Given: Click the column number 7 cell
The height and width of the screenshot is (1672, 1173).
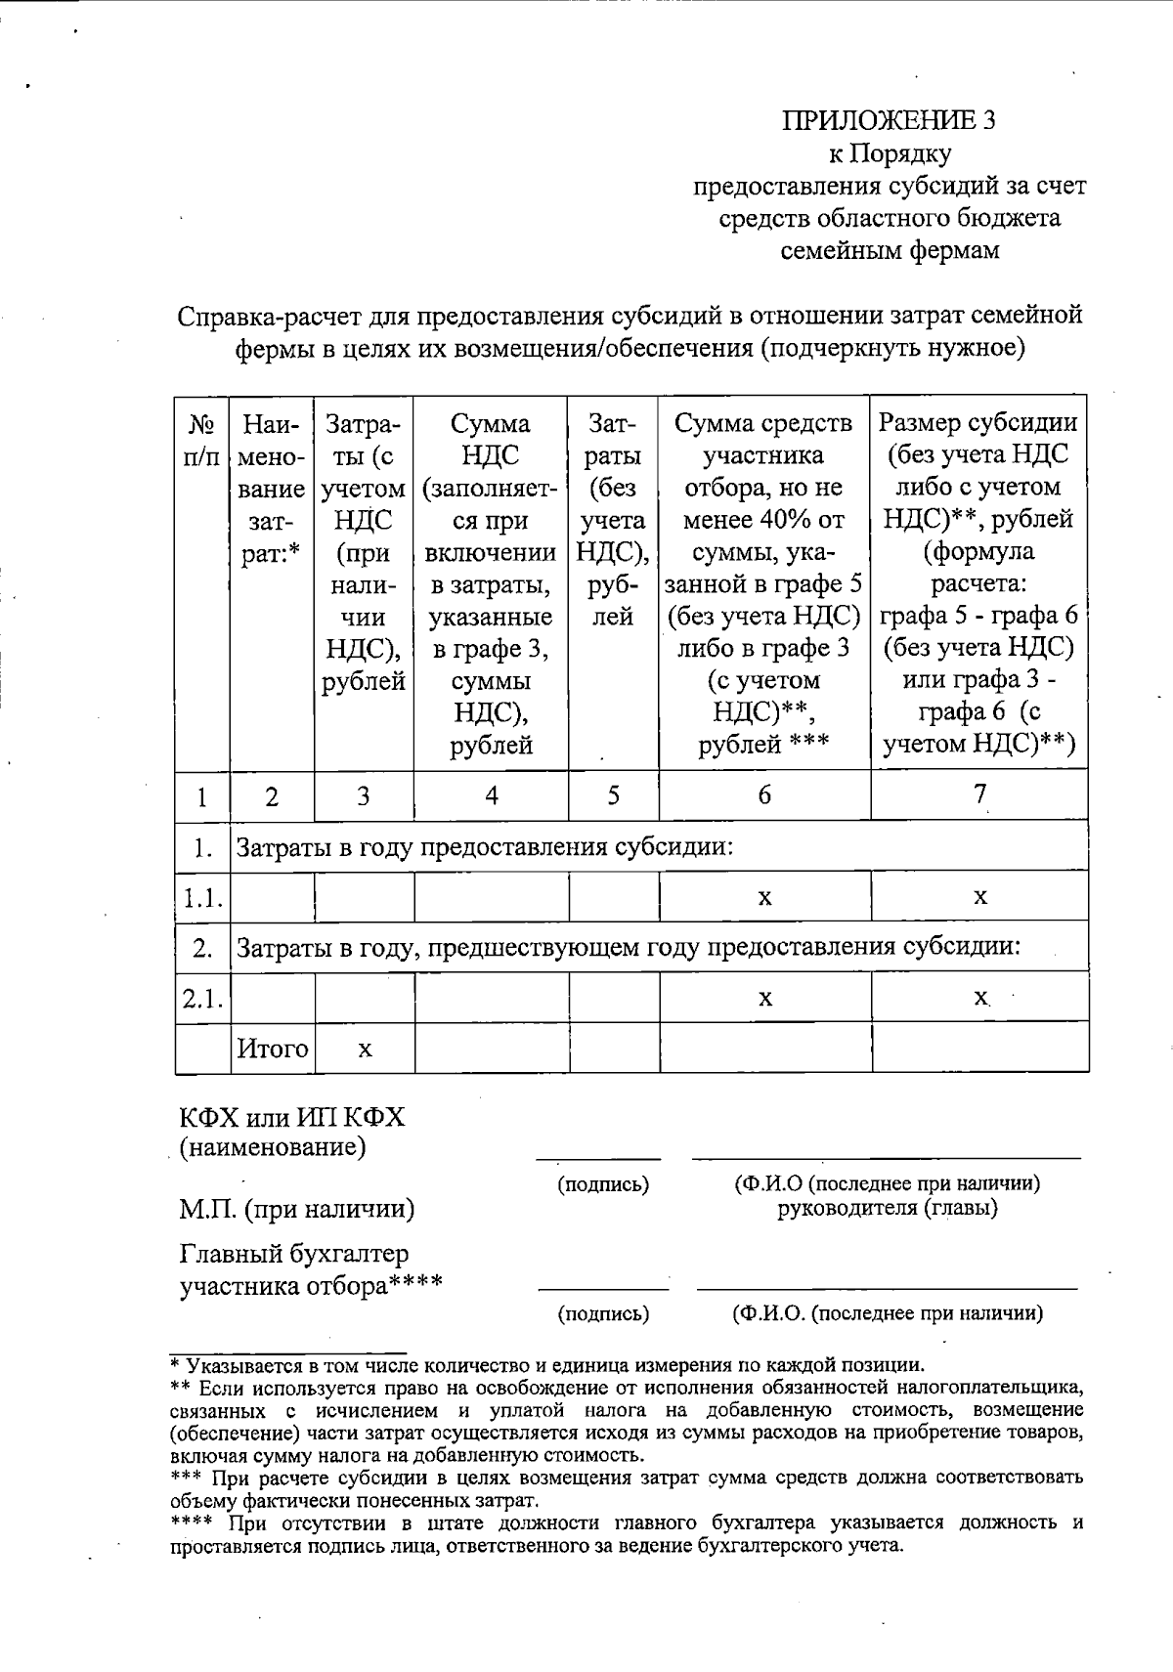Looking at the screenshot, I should (x=979, y=794).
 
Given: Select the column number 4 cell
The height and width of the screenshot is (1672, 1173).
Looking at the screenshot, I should (x=491, y=795).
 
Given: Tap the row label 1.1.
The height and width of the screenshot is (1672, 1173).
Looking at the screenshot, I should (x=202, y=897).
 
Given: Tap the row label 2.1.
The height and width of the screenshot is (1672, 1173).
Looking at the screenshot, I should (x=202, y=998).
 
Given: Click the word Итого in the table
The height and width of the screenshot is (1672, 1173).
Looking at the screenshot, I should (x=273, y=1049).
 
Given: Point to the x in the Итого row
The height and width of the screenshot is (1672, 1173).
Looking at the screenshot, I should (x=364, y=1050).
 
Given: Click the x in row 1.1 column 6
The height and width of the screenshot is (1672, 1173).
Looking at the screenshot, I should (x=764, y=897).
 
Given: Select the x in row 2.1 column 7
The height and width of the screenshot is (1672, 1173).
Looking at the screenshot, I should (x=979, y=998).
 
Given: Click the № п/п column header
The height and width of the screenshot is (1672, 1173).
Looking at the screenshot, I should (x=201, y=439).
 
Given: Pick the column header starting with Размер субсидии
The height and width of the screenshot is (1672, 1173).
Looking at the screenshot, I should (x=978, y=582).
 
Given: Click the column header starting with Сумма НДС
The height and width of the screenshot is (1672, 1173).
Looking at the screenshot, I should (x=491, y=582).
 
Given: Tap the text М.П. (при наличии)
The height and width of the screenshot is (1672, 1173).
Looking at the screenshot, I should (x=297, y=1209).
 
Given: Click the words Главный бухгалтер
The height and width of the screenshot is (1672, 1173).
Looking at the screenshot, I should (x=294, y=1253).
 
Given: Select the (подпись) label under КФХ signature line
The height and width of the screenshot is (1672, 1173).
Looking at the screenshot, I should (x=603, y=1184).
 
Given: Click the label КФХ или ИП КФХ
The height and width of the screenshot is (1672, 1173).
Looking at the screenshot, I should (x=291, y=1117).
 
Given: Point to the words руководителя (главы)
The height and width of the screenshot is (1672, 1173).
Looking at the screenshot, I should (x=888, y=1208).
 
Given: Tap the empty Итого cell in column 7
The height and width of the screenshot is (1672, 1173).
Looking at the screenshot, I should (x=979, y=1049).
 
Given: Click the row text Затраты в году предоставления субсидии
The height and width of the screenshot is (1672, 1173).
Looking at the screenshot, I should (x=486, y=846).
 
